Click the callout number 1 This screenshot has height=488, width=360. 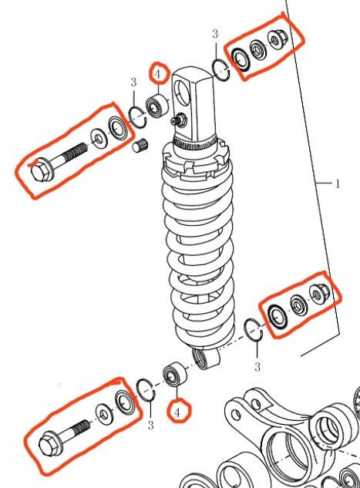coord(337,184)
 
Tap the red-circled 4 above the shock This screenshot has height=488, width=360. coord(159,74)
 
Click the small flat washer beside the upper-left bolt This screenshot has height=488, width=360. coord(99,140)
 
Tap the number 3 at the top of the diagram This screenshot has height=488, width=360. coord(214,34)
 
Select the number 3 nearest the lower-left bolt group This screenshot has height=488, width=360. coord(150,425)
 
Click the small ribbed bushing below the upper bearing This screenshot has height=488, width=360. coord(140,146)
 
